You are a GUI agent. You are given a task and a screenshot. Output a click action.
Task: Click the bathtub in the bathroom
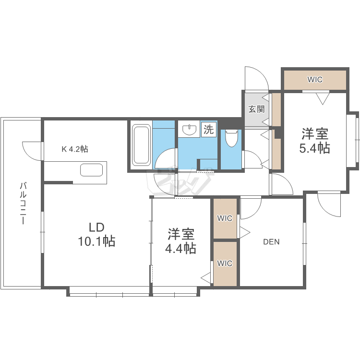coord(141,145)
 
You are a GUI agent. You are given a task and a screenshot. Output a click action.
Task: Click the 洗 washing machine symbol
coord(208,129)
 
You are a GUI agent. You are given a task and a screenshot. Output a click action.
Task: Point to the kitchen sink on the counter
coord(91,170)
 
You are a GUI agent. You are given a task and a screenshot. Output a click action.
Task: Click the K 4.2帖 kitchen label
coord(74,149)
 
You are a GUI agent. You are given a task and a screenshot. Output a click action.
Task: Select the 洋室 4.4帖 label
coord(180,241)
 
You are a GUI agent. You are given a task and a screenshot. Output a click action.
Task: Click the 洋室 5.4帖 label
coord(315,141)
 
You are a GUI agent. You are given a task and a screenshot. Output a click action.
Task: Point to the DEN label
coord(271,242)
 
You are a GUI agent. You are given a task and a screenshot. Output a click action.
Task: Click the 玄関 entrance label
coord(256,109)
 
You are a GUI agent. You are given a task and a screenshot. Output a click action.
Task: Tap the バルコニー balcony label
coord(23,204)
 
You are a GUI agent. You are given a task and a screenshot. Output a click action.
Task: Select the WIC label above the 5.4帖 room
coord(315,79)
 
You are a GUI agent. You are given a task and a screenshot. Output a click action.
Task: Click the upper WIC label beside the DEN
coord(225,218)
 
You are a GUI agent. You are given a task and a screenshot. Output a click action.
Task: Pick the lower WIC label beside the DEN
coord(225,263)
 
